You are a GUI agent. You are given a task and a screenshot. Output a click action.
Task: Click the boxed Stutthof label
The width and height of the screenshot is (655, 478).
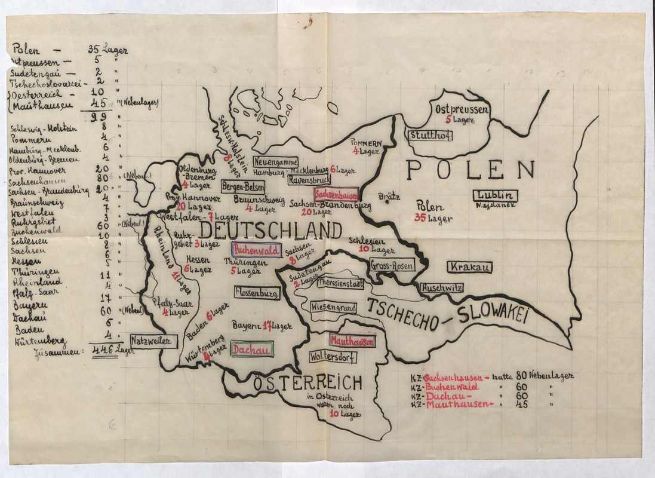(430, 136)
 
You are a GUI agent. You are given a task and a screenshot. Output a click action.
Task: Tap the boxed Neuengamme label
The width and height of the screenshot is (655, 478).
(275, 162)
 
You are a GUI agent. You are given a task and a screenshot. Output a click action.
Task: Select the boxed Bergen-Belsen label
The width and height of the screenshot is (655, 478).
(243, 186)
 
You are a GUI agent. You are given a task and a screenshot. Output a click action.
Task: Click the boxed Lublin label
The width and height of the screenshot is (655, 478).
(495, 195)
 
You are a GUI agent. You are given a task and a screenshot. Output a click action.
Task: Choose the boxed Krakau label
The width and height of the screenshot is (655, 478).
(469, 266)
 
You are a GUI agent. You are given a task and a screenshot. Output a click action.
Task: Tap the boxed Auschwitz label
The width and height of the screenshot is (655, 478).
(442, 287)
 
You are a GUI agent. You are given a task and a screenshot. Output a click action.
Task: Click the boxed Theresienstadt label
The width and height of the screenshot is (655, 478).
(340, 283)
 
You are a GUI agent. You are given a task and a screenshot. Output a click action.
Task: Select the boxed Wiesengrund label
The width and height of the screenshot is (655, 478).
(333, 308)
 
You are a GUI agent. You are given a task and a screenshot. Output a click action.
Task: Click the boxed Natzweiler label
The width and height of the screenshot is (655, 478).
(154, 341)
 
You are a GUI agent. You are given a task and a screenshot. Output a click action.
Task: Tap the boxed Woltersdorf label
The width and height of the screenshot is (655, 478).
(333, 357)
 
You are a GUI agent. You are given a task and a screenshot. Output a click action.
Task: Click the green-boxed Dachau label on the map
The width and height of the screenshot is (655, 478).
(252, 349)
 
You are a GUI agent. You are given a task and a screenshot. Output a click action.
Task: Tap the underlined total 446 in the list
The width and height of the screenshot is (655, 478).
(103, 351)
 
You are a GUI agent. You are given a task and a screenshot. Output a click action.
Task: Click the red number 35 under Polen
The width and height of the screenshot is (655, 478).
(420, 218)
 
